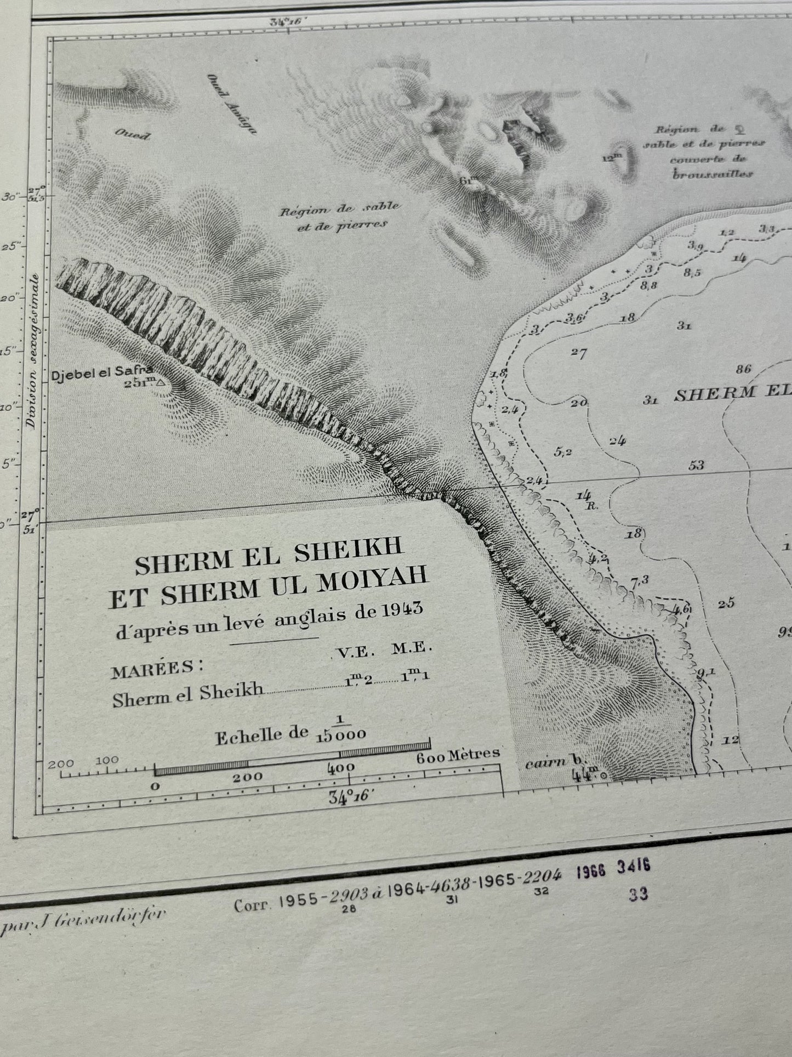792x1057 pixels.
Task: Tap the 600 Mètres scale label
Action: (x=458, y=755)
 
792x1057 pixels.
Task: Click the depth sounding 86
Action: (x=743, y=369)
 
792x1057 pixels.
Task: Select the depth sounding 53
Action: (x=696, y=466)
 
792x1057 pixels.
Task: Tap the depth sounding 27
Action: (x=579, y=353)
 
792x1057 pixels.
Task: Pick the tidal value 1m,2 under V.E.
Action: (x=359, y=680)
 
